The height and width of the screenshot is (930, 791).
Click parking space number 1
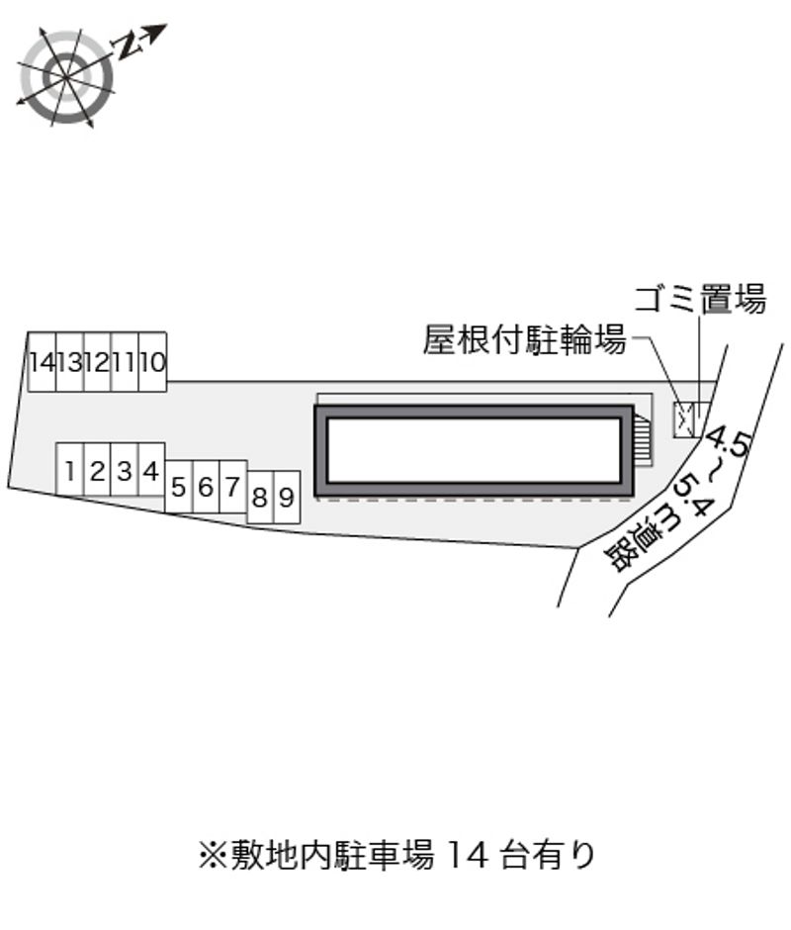(x=69, y=469)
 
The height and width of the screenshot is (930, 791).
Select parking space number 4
(x=151, y=469)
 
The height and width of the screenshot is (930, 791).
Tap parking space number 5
(x=179, y=487)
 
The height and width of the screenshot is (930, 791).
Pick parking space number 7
(x=233, y=487)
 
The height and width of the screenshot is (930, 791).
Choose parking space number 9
(x=287, y=497)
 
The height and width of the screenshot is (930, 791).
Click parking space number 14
(x=43, y=361)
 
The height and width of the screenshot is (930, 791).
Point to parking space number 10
(x=153, y=361)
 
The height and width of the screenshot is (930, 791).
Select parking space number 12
(x=98, y=361)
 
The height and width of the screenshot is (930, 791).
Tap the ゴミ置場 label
(x=700, y=299)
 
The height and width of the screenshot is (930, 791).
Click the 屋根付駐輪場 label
(x=525, y=340)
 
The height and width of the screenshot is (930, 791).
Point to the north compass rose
(x=65, y=75)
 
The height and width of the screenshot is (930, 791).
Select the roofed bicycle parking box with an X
(x=682, y=419)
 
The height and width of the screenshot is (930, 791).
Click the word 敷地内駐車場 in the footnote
(x=332, y=855)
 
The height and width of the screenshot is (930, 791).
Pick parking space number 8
(x=260, y=497)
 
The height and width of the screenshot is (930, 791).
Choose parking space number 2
(x=97, y=469)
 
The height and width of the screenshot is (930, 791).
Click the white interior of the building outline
(x=474, y=450)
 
